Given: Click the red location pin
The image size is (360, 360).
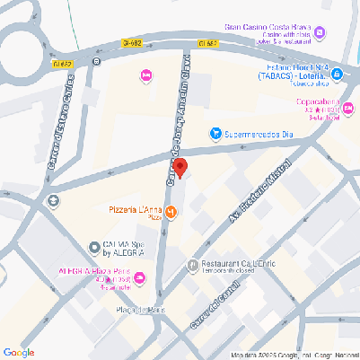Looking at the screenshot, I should tap(180, 168).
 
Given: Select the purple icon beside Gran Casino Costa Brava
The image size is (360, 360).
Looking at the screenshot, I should tap(320, 32).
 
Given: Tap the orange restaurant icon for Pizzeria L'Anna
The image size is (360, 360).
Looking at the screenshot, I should tap(171, 212).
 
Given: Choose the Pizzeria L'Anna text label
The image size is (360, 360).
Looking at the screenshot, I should tap(136, 210).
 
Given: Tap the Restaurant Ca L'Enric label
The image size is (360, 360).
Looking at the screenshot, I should tap(237, 261).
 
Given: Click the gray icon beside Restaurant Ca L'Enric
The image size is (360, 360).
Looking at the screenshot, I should tap(191, 265).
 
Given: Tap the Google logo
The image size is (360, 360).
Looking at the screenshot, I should tap(19, 352).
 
